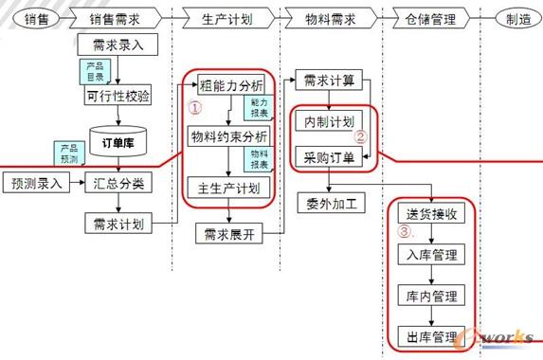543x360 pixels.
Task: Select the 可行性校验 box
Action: coord(118,97)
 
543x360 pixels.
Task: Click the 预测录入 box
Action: coord(36,183)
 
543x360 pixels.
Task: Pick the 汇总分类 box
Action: coord(119,183)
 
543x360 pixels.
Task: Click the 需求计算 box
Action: coord(329,81)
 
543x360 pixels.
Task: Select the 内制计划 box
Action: coord(325,122)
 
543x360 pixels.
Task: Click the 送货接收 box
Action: coord(432,214)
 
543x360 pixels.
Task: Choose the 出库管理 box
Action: coord(432,335)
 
